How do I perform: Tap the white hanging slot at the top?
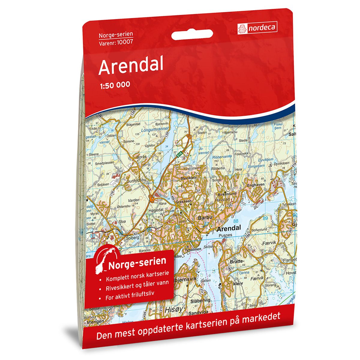(192, 35)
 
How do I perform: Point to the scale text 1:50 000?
(114, 85)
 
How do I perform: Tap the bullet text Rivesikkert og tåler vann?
(137, 283)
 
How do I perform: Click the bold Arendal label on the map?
(229, 229)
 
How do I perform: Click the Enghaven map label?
(255, 185)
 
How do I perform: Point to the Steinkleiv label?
(188, 178)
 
